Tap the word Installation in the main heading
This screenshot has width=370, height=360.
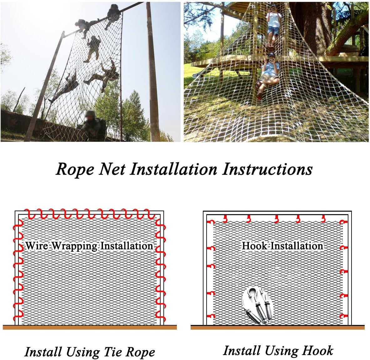point(173,169)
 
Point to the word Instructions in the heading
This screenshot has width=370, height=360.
point(267,169)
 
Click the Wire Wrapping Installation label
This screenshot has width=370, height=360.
point(89,246)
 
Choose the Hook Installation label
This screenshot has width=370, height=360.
point(282,246)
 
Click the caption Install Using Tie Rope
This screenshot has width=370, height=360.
point(90,352)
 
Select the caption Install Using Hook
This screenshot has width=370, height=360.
point(278,351)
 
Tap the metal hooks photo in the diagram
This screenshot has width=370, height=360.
point(257,305)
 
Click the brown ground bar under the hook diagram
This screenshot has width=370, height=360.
point(277,327)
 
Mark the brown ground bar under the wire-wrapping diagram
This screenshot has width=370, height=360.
point(90,327)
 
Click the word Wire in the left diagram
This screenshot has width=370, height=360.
point(37,246)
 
